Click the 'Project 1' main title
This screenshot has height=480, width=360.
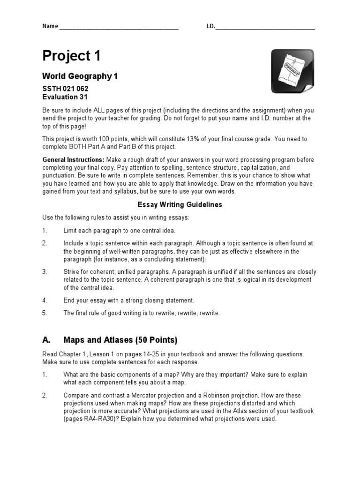coord(71,56)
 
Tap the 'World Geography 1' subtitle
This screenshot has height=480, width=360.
coord(80,76)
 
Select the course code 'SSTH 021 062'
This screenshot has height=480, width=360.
coord(65,89)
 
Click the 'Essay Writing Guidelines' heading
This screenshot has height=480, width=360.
coord(180,204)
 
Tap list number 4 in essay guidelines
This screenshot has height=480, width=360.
coord(45,300)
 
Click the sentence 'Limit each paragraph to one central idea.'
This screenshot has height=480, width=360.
coord(120,231)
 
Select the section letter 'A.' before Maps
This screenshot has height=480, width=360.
coord(46,339)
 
